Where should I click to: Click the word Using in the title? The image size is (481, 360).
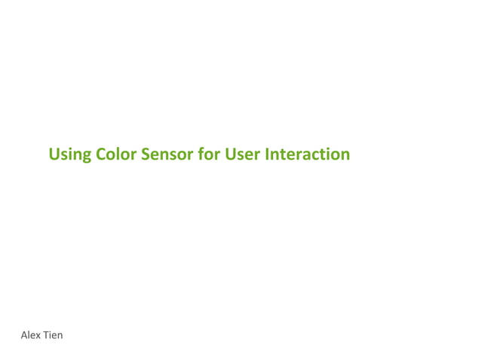[70, 155]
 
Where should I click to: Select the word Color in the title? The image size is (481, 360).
[116, 154]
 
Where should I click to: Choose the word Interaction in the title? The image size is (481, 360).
[308, 154]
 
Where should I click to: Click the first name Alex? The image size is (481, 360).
[31, 334]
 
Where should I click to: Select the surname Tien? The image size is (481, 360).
[54, 334]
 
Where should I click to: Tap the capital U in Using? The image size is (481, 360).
[54, 154]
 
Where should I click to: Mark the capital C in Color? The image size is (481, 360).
[102, 154]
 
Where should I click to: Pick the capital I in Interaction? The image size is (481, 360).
[268, 154]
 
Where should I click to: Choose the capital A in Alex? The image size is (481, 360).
[24, 334]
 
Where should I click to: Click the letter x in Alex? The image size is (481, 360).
[39, 335]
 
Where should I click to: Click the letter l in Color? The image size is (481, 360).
[118, 154]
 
